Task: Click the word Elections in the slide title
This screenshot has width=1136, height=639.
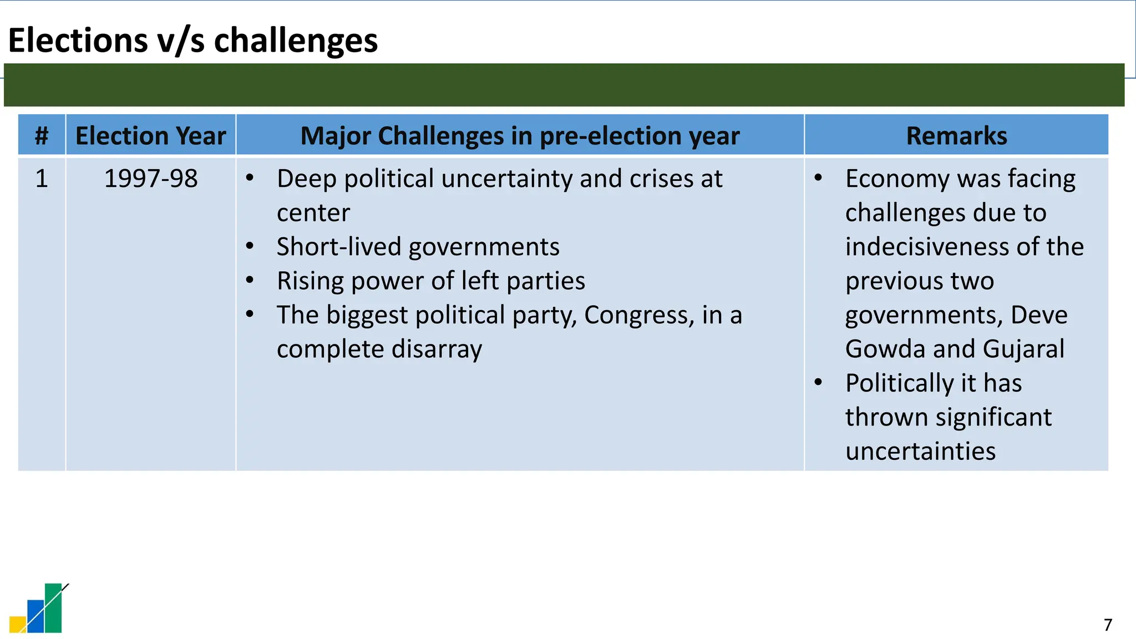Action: pos(78,40)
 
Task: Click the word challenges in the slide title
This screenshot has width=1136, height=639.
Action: pos(296,40)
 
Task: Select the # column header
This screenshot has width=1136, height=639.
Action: pos(42,135)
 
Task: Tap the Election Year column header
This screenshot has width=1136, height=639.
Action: pos(151,135)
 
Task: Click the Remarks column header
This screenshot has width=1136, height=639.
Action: pos(956,135)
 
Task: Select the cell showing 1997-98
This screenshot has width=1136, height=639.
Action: pos(151,179)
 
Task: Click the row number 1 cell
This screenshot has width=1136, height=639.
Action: pos(42,179)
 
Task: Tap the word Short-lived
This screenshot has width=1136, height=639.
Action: pos(338,247)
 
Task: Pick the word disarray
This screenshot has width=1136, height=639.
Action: pos(437,349)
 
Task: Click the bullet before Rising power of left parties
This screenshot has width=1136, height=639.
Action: pos(250,280)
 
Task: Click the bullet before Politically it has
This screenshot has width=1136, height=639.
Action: pos(818,382)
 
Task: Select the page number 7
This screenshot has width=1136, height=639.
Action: pos(1108,625)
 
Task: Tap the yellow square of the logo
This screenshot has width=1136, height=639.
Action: pos(17,625)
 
